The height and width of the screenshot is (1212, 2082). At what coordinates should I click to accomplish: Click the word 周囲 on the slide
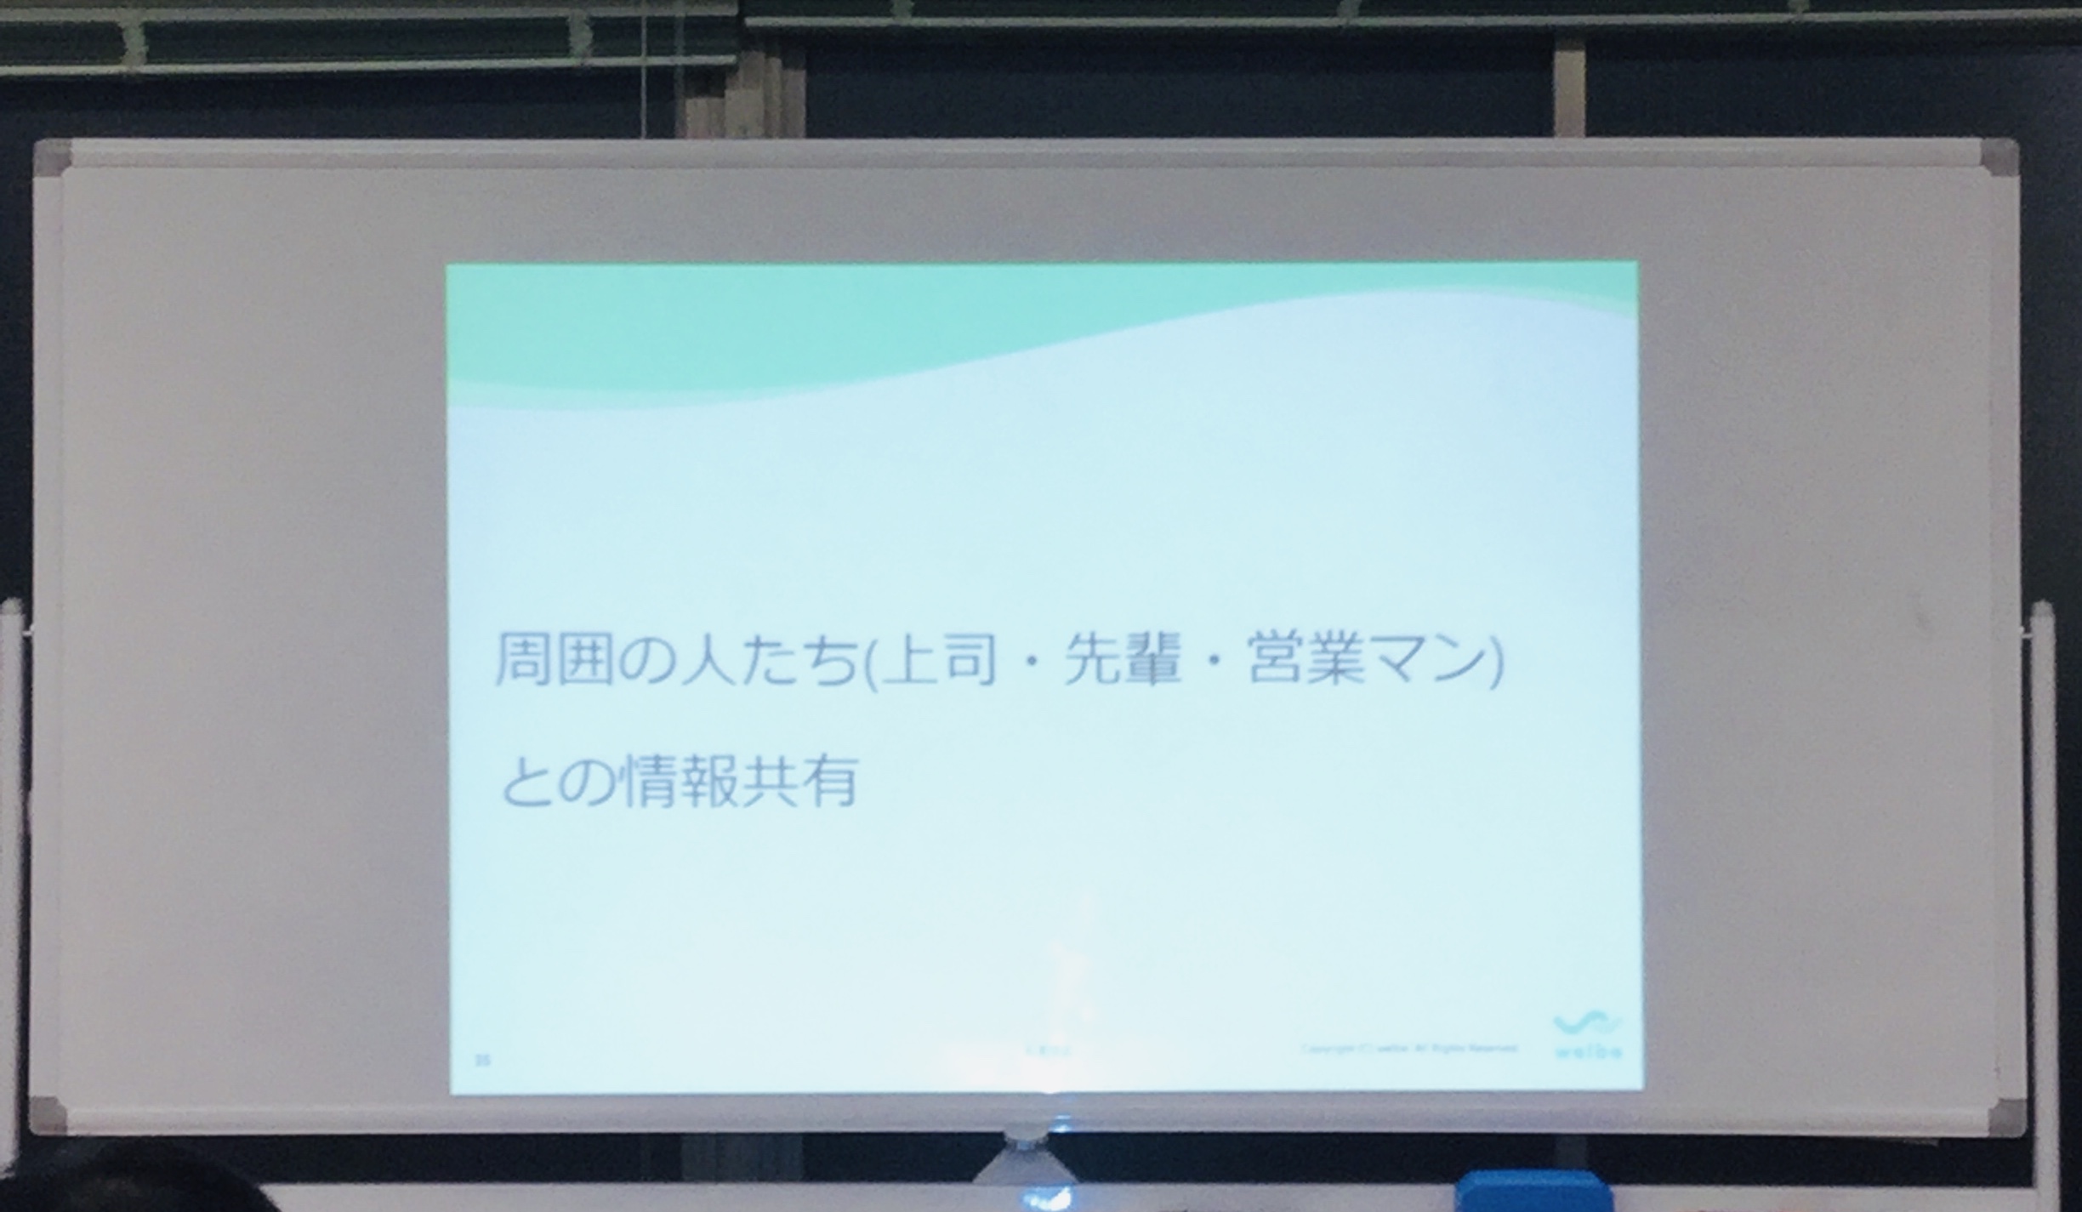(554, 659)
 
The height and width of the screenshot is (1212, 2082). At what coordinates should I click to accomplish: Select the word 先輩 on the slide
(1123, 659)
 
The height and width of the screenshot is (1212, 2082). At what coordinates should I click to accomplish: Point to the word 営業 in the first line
(1306, 659)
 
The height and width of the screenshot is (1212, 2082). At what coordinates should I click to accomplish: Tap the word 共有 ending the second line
(799, 781)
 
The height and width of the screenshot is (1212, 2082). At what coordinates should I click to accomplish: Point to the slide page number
(483, 1060)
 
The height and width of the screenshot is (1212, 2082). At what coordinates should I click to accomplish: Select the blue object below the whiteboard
(1522, 1192)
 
